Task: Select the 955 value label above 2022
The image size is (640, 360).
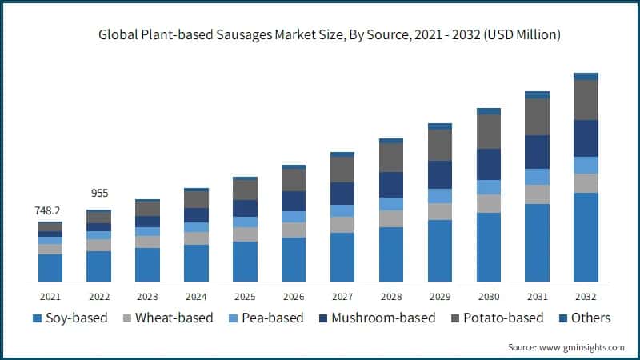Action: (98, 194)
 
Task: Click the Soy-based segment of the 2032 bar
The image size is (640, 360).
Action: (586, 237)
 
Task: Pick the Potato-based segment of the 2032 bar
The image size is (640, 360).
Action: (586, 100)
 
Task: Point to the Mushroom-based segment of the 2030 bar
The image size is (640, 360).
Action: (488, 164)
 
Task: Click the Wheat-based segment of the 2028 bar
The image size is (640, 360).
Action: (391, 218)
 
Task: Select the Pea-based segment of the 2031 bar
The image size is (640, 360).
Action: (537, 177)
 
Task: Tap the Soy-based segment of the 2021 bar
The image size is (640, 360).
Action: (50, 268)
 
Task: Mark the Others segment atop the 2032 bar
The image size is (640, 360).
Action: (586, 77)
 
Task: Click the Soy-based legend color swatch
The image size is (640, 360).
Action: (37, 318)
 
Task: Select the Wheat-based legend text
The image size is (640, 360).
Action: (174, 318)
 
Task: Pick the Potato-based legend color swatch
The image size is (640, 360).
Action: (452, 318)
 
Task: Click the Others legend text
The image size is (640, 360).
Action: (590, 318)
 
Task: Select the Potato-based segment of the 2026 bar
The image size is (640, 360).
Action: (294, 180)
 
